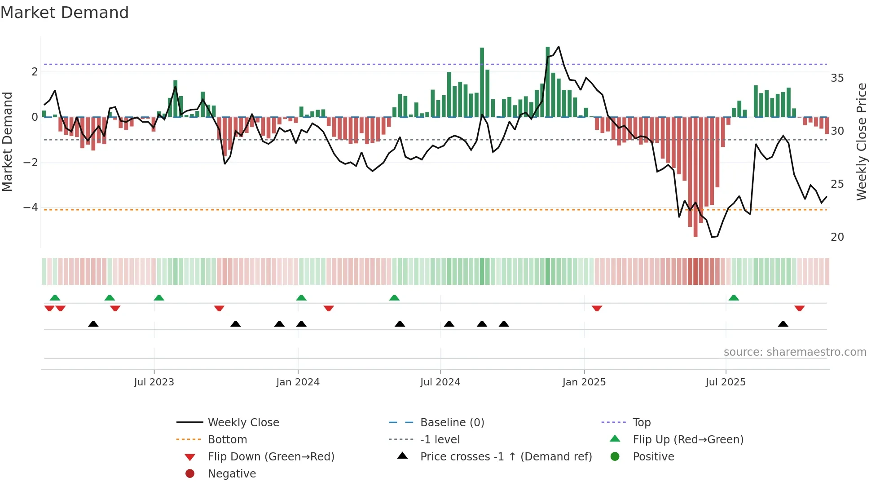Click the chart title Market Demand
(x=65, y=13)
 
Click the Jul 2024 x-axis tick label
(x=440, y=382)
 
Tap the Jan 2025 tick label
(x=584, y=382)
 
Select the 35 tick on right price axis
(x=837, y=78)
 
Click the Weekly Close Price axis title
(x=861, y=141)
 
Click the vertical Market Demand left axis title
(x=8, y=141)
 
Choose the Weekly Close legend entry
(x=243, y=423)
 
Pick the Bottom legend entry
(x=227, y=440)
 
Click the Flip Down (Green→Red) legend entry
(x=271, y=457)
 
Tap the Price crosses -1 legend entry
(x=506, y=457)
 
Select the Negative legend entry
(x=232, y=474)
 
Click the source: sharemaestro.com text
(x=795, y=352)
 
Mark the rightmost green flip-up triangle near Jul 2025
(x=734, y=298)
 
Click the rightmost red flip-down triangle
(x=799, y=308)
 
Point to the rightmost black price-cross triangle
(x=783, y=324)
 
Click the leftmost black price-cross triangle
(x=93, y=324)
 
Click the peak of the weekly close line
(x=559, y=47)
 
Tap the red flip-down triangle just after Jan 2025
(x=597, y=308)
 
